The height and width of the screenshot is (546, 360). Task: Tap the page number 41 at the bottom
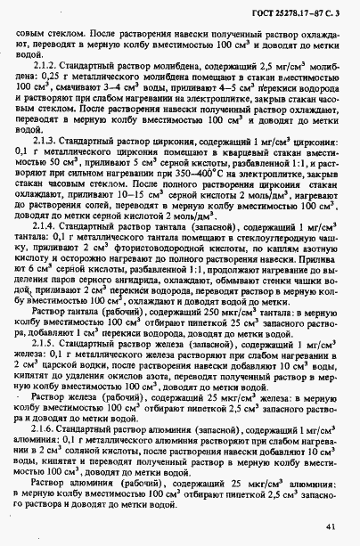(x=331, y=526)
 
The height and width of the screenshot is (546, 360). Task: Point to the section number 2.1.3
(x=45, y=140)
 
